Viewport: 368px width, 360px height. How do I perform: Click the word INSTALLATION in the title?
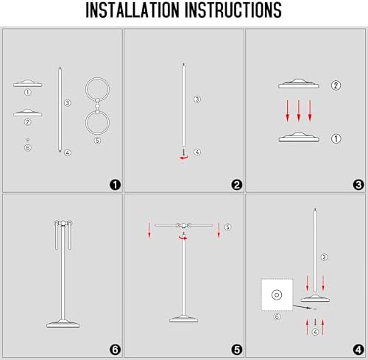(132, 10)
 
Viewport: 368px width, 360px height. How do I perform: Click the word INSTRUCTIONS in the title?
(233, 10)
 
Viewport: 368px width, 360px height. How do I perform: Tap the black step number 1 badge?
(115, 185)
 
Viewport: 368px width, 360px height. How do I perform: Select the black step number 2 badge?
(237, 185)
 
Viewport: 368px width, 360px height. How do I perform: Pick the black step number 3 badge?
(358, 185)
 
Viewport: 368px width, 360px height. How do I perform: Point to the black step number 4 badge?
(358, 350)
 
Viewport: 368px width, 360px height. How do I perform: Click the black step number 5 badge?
(237, 350)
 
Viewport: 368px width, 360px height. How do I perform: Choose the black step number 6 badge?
(115, 350)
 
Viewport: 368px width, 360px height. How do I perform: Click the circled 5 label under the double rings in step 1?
(97, 141)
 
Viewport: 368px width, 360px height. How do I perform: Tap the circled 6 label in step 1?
(28, 148)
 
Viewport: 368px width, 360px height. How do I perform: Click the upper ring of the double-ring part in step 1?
(97, 78)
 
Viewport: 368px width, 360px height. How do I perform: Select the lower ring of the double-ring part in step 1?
(97, 134)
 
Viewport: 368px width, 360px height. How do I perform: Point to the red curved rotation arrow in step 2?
(184, 158)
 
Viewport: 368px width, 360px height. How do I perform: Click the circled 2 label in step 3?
(336, 85)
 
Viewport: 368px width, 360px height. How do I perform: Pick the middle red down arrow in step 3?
(299, 110)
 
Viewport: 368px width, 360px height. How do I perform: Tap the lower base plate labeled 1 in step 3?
(299, 138)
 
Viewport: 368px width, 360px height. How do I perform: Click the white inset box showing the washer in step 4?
(277, 295)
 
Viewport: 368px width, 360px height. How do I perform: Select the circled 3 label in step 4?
(324, 257)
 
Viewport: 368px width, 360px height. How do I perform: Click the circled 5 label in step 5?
(227, 227)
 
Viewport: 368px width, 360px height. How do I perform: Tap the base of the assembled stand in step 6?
(63, 324)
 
